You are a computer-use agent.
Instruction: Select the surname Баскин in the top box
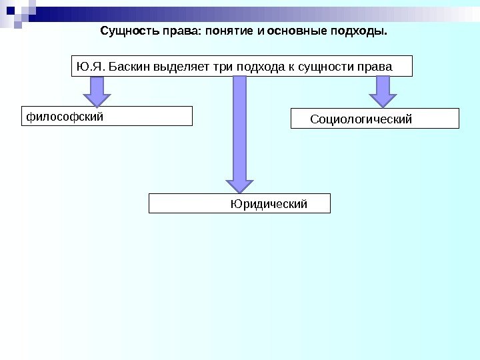129,67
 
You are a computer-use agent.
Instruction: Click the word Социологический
361,119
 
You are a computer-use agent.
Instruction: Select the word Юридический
269,204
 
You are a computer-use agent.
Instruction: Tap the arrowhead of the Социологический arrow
383,100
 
